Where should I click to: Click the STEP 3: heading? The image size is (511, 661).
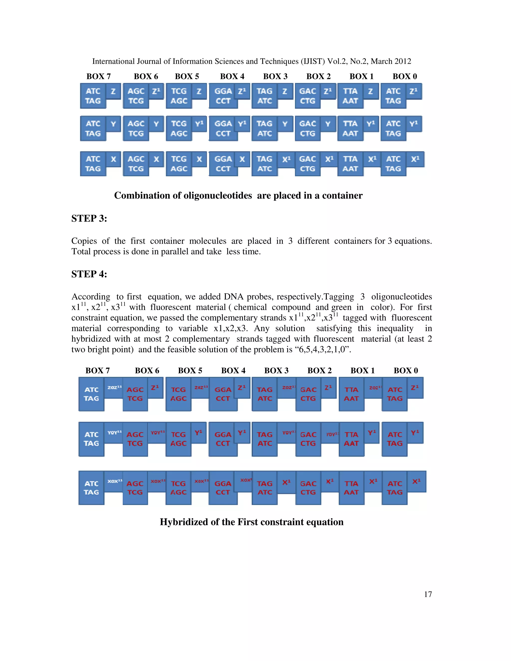[x=89, y=218]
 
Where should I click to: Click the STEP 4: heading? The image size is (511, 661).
[x=89, y=274]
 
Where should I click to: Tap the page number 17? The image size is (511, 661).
[x=427, y=594]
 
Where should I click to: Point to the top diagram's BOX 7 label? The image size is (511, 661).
[x=98, y=76]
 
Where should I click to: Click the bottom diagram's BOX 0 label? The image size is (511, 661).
[x=406, y=370]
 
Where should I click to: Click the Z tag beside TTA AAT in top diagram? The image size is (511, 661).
[x=371, y=91]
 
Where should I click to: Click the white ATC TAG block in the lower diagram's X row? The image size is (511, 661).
[x=91, y=488]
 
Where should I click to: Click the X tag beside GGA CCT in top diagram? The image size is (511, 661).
[x=242, y=159]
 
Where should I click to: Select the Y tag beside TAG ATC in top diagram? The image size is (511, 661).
[x=284, y=124]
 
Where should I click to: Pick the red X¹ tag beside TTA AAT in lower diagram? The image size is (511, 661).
[x=373, y=481]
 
